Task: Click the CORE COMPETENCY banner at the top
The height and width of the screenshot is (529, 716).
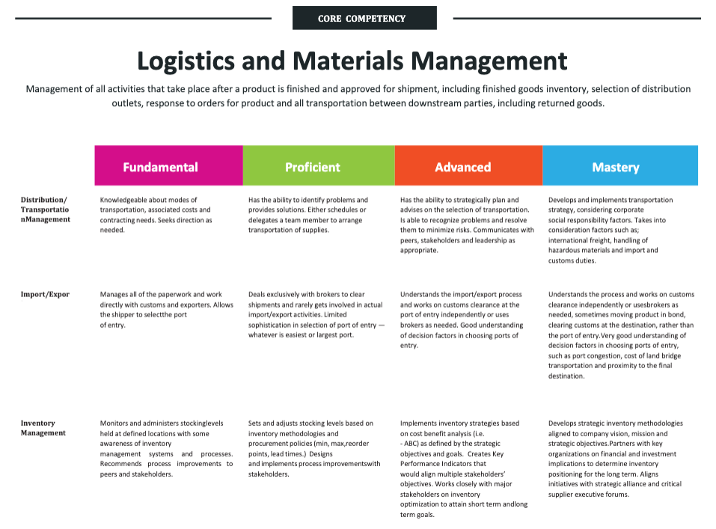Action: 364,18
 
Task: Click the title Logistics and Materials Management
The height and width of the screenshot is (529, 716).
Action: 352,60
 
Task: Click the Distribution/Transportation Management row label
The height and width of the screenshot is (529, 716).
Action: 46,210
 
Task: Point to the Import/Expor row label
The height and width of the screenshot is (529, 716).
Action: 45,294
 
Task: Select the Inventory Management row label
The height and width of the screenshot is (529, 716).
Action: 43,428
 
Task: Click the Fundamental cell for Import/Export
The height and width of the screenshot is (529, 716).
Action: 165,310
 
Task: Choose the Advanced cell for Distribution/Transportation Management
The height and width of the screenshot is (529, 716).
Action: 468,225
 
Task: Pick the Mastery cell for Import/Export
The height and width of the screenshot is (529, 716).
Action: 621,335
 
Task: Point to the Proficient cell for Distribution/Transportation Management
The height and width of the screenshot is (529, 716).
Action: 309,215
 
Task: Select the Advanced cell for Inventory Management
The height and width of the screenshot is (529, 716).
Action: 465,468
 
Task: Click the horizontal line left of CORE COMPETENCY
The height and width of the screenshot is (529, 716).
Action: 142,18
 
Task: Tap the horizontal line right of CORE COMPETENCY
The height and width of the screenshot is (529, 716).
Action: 576,18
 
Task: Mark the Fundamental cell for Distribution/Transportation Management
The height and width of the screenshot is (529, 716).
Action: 156,215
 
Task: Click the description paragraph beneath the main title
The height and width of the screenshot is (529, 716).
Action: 358,96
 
